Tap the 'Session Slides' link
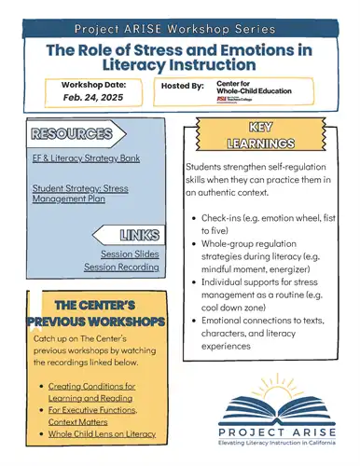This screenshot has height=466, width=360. click(x=132, y=254)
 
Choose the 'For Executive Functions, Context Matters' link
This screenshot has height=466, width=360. click(x=92, y=415)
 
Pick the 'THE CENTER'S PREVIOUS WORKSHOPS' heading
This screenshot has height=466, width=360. click(x=97, y=313)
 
